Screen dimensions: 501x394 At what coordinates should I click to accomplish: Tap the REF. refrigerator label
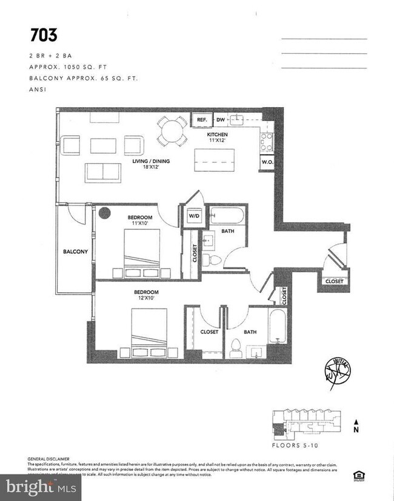pyautogui.click(x=202, y=120)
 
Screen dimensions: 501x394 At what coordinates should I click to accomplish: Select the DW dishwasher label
pyautogui.click(x=220, y=120)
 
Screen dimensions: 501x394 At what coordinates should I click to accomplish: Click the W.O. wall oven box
pyautogui.click(x=267, y=162)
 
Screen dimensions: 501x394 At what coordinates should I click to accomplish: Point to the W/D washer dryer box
pyautogui.click(x=194, y=215)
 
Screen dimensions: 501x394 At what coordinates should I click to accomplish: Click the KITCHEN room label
pyautogui.click(x=218, y=134)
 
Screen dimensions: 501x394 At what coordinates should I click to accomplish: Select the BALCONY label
pyautogui.click(x=75, y=252)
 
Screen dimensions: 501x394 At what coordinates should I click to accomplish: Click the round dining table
pyautogui.click(x=173, y=129)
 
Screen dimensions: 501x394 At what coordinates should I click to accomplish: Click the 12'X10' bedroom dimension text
pyautogui.click(x=145, y=299)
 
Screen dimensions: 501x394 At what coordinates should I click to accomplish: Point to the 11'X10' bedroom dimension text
pyautogui.click(x=139, y=223)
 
